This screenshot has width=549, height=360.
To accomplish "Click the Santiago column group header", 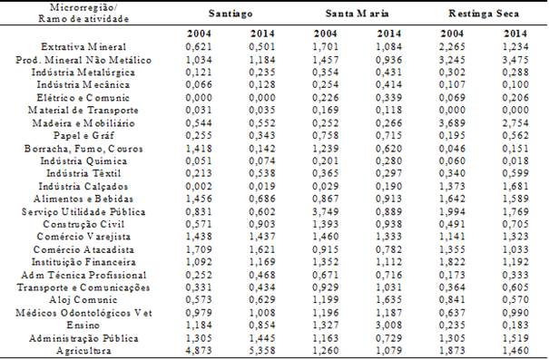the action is pos(230,16).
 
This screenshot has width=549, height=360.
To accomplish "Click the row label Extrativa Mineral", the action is pos(83,46).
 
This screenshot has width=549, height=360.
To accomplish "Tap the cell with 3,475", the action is pos(515,59).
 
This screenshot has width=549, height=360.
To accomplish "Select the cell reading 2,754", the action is pos(515,121).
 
